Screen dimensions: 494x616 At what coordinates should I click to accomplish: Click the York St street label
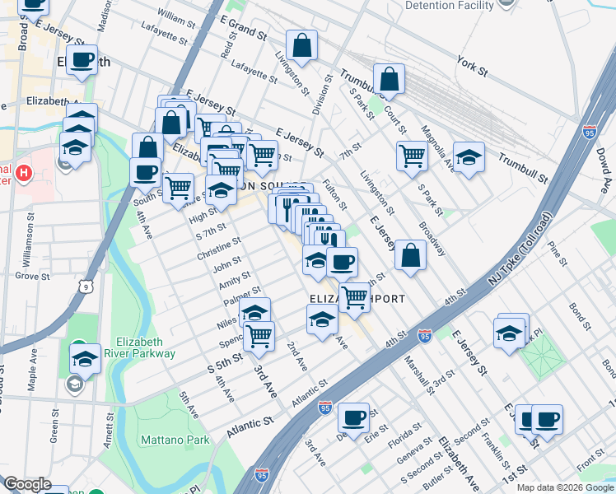[x=472, y=62]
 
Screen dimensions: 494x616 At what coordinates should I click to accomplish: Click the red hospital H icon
[x=24, y=174]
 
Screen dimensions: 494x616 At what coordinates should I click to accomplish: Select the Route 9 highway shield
[x=86, y=287]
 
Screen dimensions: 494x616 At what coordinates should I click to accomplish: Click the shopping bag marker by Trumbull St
[x=390, y=80]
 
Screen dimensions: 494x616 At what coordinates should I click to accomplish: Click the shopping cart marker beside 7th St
[x=412, y=155]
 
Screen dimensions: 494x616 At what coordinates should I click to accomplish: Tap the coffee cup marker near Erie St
[x=354, y=417]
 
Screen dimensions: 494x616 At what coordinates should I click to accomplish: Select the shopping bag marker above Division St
[x=302, y=46]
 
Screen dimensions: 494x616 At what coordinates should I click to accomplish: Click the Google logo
[x=27, y=484]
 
